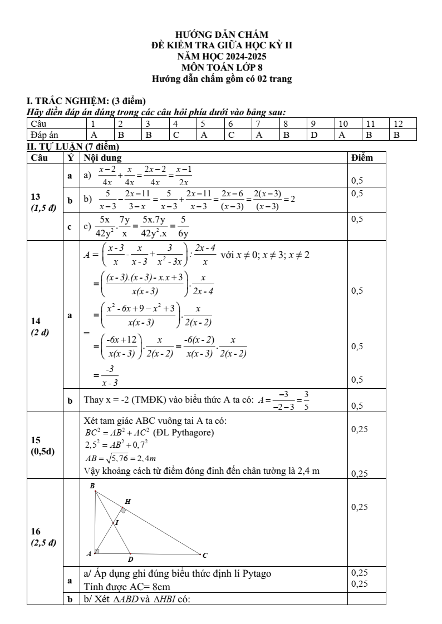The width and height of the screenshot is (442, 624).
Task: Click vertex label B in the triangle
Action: tap(92, 486)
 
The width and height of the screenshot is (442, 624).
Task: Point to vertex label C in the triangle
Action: tap(205, 554)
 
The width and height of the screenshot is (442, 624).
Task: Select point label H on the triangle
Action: tap(127, 501)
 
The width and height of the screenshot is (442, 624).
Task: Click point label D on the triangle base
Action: tap(130, 559)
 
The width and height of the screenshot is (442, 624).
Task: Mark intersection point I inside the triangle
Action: tap(117, 523)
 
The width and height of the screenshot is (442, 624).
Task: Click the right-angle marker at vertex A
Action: tap(97, 551)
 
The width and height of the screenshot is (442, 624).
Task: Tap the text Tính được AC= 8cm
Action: tap(127, 586)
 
